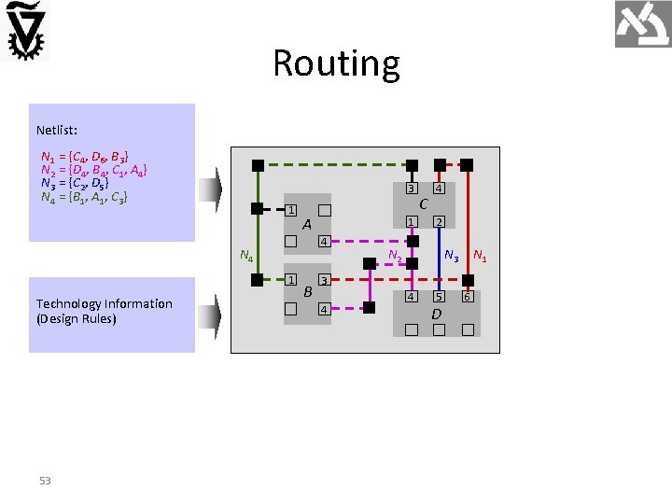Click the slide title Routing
(x=336, y=63)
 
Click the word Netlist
(x=56, y=130)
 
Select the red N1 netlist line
(x=85, y=156)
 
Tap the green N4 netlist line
(x=84, y=197)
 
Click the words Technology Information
(x=104, y=303)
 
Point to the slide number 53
(x=45, y=481)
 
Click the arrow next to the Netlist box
(x=216, y=190)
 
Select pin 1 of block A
(x=291, y=210)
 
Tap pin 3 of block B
(x=323, y=280)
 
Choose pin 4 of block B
(x=323, y=308)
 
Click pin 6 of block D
(x=467, y=297)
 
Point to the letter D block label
(x=436, y=315)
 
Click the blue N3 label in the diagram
(x=451, y=254)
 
